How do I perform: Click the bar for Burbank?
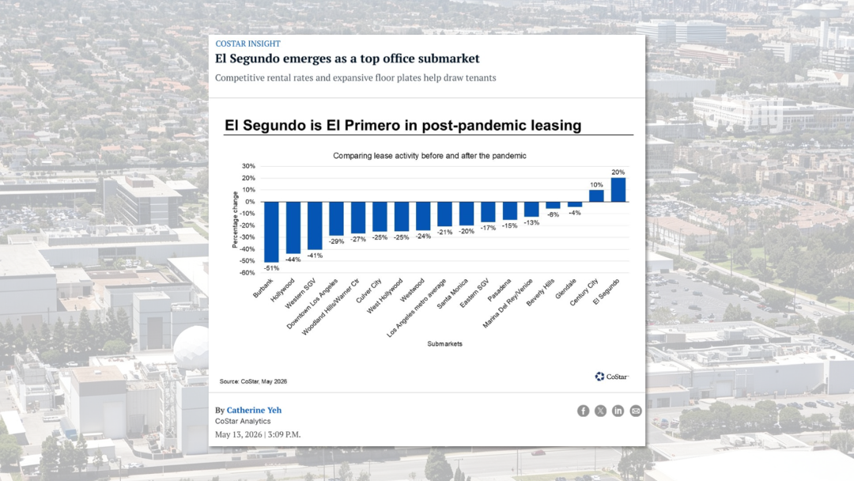(x=271, y=232)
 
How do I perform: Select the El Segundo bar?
(x=618, y=190)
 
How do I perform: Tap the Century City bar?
(x=596, y=195)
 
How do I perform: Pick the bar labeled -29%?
(x=337, y=218)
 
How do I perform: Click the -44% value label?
(x=293, y=259)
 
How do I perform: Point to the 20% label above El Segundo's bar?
(x=618, y=172)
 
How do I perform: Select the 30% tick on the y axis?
(x=248, y=166)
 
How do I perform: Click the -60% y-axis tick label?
(x=248, y=273)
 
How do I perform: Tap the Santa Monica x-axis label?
(x=453, y=294)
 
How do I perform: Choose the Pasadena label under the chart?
(x=500, y=290)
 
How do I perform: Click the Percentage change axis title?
(x=236, y=220)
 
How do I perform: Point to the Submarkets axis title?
(x=445, y=343)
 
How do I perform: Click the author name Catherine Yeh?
(x=255, y=410)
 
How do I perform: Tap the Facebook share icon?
(x=584, y=411)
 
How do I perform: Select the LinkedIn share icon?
(x=618, y=411)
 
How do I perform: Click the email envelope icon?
(x=636, y=411)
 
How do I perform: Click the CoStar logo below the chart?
(x=611, y=377)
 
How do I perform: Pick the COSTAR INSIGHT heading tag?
(x=248, y=44)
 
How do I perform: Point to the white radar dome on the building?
(x=191, y=347)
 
